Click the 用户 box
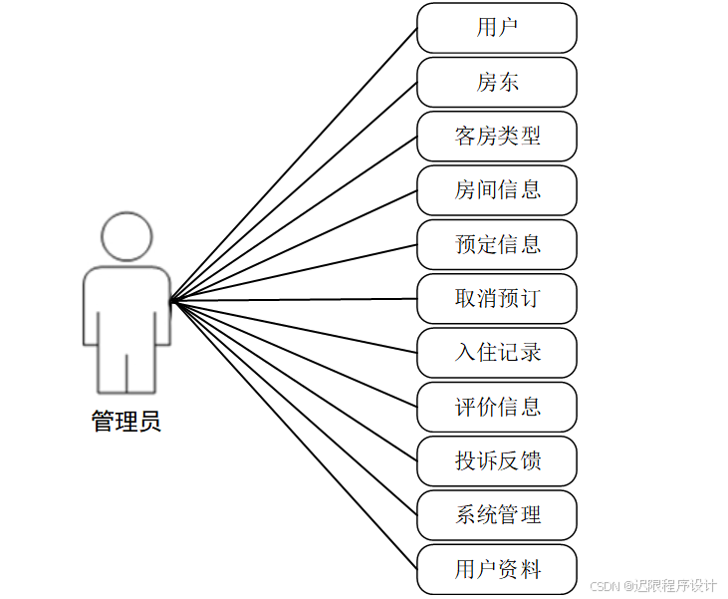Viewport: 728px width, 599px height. click(x=496, y=28)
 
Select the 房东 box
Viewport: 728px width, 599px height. click(x=496, y=82)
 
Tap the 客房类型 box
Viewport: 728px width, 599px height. click(x=496, y=136)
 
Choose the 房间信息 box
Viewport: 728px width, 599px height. click(x=496, y=189)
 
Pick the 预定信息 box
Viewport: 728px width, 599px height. click(x=496, y=244)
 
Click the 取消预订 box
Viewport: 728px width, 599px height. click(x=496, y=298)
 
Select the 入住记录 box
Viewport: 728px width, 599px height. click(x=496, y=352)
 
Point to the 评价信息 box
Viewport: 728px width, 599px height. click(x=496, y=407)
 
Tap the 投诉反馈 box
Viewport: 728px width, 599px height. click(x=496, y=460)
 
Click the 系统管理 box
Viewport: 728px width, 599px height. click(x=496, y=514)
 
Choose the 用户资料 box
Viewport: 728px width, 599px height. click(x=496, y=569)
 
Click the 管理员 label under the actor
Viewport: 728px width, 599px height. click(x=126, y=422)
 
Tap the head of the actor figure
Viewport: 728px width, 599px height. click(x=126, y=236)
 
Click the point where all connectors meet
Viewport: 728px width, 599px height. click(x=171, y=300)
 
